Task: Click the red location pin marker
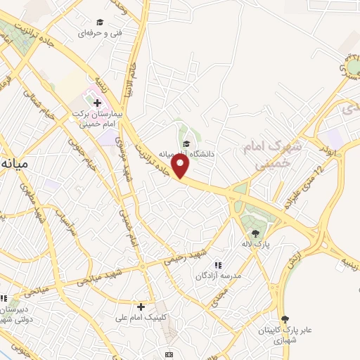181,166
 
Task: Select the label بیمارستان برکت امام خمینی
99,117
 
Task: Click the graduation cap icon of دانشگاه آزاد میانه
186,144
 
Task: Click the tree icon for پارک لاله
255,233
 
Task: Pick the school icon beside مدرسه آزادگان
218,265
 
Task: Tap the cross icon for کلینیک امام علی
141,307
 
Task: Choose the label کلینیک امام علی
143,318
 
